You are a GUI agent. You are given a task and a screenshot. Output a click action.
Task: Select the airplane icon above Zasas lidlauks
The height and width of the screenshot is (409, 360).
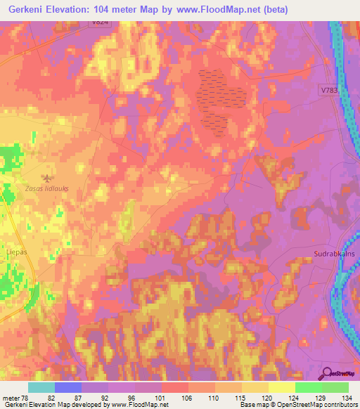47,178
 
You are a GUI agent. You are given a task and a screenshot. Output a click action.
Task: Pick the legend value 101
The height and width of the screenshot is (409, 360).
147,398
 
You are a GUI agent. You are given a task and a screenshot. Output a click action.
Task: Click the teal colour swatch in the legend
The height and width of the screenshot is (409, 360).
41,387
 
